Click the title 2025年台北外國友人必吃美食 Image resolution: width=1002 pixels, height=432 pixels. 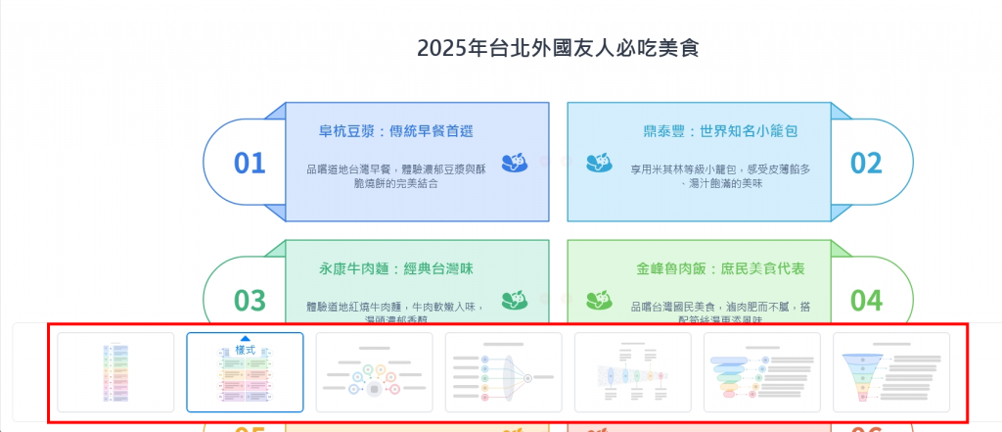pyautogui.click(x=558, y=48)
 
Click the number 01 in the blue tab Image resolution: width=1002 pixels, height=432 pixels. pyautogui.click(x=250, y=163)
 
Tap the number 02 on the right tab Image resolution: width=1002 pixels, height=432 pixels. pyautogui.click(x=865, y=163)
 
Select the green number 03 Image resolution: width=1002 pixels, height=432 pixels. pyautogui.click(x=250, y=300)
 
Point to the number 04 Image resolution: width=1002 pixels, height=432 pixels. pyautogui.click(x=865, y=300)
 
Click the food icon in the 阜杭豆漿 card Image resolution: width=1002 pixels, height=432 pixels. pyautogui.click(x=515, y=163)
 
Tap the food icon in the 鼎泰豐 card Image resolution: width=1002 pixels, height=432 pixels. pyautogui.click(x=599, y=163)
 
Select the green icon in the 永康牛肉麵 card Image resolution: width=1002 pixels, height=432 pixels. pyautogui.click(x=515, y=300)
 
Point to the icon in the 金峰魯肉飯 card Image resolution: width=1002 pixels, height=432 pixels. pyautogui.click(x=599, y=300)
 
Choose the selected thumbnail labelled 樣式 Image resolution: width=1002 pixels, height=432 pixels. pyautogui.click(x=245, y=372)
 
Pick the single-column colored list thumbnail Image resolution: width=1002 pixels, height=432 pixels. pyautogui.click(x=115, y=372)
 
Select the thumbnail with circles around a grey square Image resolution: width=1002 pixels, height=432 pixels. pyautogui.click(x=374, y=372)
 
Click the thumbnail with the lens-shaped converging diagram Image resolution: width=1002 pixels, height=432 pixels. pyautogui.click(x=503, y=372)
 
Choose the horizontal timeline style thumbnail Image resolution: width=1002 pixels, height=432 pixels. pyautogui.click(x=632, y=372)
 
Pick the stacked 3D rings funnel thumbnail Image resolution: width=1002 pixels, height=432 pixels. pyautogui.click(x=761, y=372)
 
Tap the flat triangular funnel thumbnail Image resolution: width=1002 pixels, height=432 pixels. pyautogui.click(x=890, y=372)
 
